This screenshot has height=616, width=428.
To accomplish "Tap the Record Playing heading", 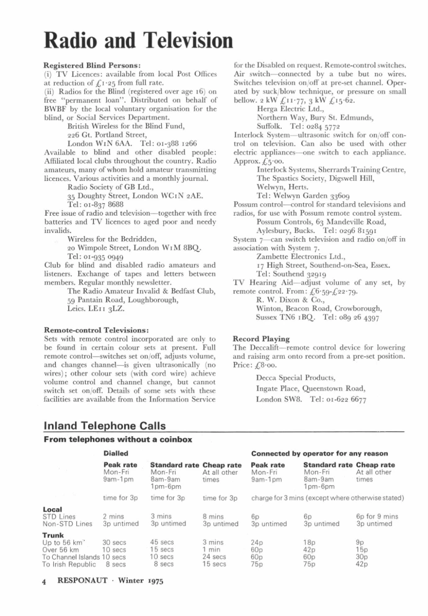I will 261,339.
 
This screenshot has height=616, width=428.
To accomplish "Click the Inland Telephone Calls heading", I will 105,426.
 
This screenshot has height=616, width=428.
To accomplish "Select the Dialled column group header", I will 116,454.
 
